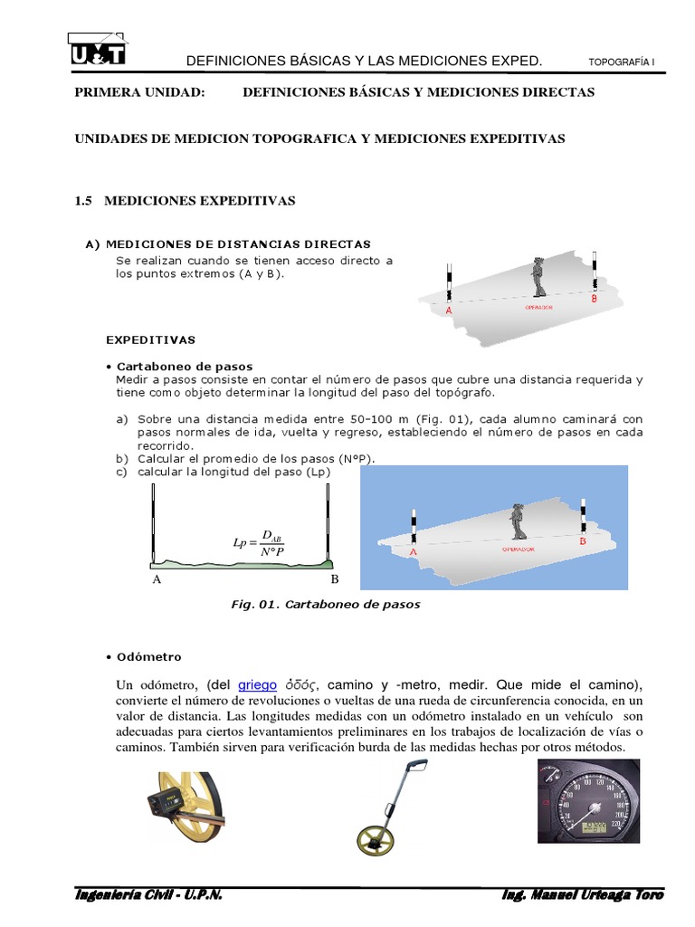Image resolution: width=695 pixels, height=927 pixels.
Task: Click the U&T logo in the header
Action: [x=98, y=49]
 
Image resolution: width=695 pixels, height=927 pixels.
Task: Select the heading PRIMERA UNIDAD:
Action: [x=139, y=92]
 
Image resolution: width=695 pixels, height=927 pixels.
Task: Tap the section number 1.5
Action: [x=84, y=201]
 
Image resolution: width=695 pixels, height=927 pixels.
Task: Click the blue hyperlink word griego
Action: [x=257, y=684]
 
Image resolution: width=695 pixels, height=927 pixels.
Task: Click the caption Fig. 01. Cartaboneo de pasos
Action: [x=326, y=605]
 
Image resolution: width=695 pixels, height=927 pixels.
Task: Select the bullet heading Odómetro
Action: [x=144, y=656]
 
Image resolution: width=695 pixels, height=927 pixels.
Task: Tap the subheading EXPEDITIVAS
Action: [x=150, y=340]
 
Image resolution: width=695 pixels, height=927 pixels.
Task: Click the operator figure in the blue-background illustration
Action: [x=518, y=520]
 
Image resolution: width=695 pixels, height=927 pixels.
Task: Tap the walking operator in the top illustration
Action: [x=539, y=277]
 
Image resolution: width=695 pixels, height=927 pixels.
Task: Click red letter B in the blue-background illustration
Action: [x=583, y=540]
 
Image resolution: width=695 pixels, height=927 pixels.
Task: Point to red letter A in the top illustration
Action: [x=448, y=310]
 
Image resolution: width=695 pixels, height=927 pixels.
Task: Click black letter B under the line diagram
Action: [x=334, y=578]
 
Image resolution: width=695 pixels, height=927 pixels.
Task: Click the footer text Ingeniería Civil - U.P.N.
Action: [x=148, y=894]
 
